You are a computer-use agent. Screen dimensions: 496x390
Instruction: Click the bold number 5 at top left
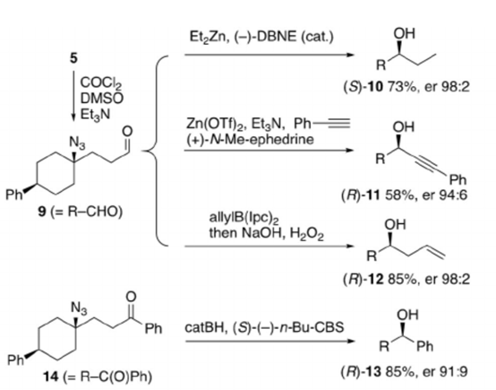point(73,58)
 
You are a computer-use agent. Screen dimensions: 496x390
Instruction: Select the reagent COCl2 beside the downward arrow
point(101,83)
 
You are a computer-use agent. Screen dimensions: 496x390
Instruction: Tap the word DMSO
point(101,99)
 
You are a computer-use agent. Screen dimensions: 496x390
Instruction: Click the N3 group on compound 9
point(78,143)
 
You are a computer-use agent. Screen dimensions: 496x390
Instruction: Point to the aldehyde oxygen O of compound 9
point(127,132)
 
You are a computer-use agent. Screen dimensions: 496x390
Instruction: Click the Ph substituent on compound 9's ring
point(14,195)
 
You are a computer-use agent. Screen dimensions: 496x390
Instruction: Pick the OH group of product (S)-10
point(404,33)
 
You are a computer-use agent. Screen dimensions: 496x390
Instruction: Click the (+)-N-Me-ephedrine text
point(250,139)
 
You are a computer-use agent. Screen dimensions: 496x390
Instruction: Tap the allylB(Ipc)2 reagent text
point(244,218)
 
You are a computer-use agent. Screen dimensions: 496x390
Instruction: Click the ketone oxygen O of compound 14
point(131,297)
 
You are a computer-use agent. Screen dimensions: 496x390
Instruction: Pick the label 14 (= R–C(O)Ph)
point(97,377)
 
